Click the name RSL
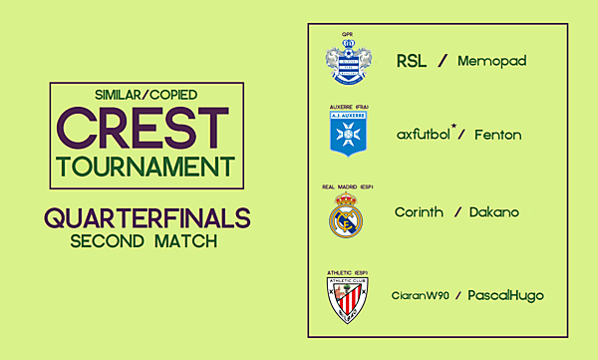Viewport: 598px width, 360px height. pyautogui.click(x=412, y=62)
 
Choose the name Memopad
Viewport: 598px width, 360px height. pyautogui.click(x=491, y=62)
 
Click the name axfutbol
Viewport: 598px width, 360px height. pyautogui.click(x=425, y=135)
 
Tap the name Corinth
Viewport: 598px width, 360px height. pyautogui.click(x=420, y=212)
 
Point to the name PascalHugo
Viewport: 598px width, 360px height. pyautogui.click(x=507, y=296)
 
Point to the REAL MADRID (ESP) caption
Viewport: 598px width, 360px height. pyautogui.click(x=346, y=186)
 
